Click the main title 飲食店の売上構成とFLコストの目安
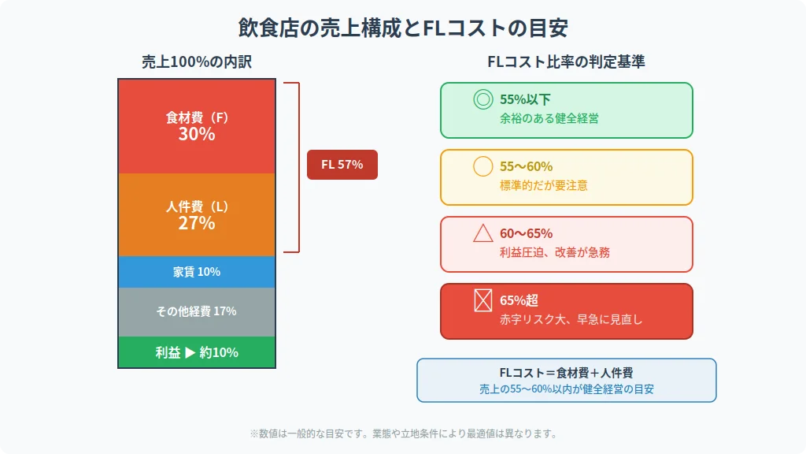coord(403,28)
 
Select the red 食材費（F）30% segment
coord(197,126)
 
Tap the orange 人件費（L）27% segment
coord(197,214)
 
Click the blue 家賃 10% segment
coord(197,272)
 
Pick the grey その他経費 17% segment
coord(197,311)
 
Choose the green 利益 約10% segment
coord(197,352)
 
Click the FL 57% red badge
coord(342,165)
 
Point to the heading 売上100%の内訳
coord(197,61)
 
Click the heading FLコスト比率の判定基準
coord(566,61)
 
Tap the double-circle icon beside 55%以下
coord(482,99)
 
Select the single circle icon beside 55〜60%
coord(482,166)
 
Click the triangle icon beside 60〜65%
coord(482,233)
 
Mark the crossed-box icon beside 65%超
coord(482,300)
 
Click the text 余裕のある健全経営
coord(549,118)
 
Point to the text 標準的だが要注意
coord(543,185)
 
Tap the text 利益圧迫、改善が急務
coord(554,252)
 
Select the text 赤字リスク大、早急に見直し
coord(571,319)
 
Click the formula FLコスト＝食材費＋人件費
coord(566,373)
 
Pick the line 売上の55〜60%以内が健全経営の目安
coord(566,389)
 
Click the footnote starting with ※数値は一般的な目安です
coord(403,433)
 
